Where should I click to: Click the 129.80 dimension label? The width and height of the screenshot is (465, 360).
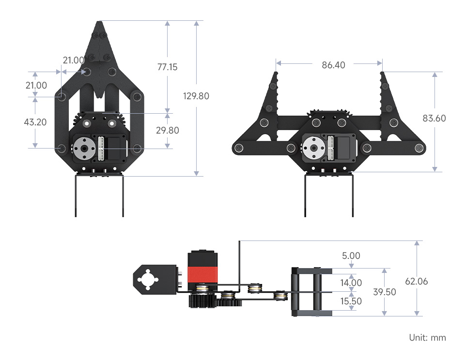click(196, 96)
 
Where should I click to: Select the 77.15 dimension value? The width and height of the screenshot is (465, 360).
click(167, 67)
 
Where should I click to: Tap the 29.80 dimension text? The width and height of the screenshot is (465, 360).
click(168, 130)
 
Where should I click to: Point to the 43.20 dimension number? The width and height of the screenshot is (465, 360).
click(35, 122)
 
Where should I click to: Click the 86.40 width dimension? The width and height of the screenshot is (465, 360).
click(334, 65)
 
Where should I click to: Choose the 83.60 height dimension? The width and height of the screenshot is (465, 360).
click(434, 118)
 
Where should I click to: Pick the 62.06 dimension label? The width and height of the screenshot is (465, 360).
click(417, 281)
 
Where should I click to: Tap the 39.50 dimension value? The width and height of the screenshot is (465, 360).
click(385, 292)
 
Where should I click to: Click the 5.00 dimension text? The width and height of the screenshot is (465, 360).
click(351, 255)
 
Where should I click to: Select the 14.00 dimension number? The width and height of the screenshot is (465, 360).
click(351, 283)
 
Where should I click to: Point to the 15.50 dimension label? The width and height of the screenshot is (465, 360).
click(351, 301)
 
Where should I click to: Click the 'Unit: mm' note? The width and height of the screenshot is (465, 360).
click(427, 337)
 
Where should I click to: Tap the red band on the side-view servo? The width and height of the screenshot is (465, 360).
click(202, 274)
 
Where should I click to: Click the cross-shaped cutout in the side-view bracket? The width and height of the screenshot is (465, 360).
click(148, 279)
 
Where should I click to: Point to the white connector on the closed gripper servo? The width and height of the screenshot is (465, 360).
click(101, 149)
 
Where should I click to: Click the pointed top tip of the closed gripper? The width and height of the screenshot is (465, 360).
click(99, 22)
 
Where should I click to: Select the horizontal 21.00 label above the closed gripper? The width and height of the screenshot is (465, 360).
click(74, 60)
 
